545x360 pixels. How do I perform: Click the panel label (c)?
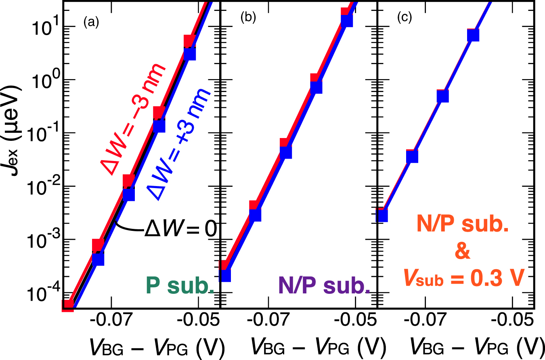[404, 18]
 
